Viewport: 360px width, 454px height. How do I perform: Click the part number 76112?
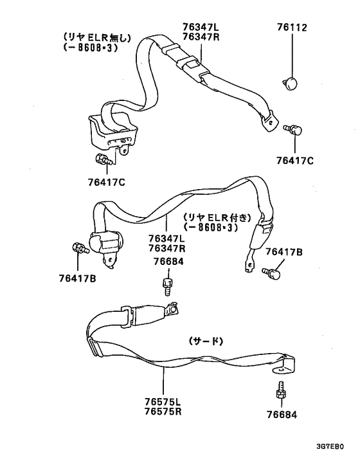click(x=292, y=28)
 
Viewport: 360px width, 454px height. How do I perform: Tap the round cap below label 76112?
click(x=291, y=83)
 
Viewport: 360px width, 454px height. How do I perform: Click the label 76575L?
click(x=163, y=402)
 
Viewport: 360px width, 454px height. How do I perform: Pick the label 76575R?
click(x=163, y=412)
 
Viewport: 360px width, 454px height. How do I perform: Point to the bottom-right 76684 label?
click(x=282, y=415)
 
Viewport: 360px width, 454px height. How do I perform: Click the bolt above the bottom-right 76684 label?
click(x=281, y=391)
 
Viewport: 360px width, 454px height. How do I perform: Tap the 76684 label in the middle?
click(x=168, y=262)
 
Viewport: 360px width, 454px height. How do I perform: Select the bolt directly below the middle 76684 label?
click(x=168, y=286)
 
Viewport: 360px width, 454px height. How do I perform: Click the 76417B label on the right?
click(x=284, y=252)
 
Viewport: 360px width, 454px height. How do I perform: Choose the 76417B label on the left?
click(x=78, y=278)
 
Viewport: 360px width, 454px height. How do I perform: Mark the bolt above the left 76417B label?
click(x=80, y=248)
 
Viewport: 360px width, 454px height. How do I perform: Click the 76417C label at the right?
click(x=294, y=160)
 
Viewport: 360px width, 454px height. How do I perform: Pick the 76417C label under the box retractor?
click(x=107, y=183)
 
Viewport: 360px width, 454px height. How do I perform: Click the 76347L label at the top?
click(x=201, y=28)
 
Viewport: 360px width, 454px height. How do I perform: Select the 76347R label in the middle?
click(x=167, y=248)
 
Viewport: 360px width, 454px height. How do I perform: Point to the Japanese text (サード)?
click(x=206, y=341)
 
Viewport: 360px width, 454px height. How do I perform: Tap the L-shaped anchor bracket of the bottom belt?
click(x=285, y=365)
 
